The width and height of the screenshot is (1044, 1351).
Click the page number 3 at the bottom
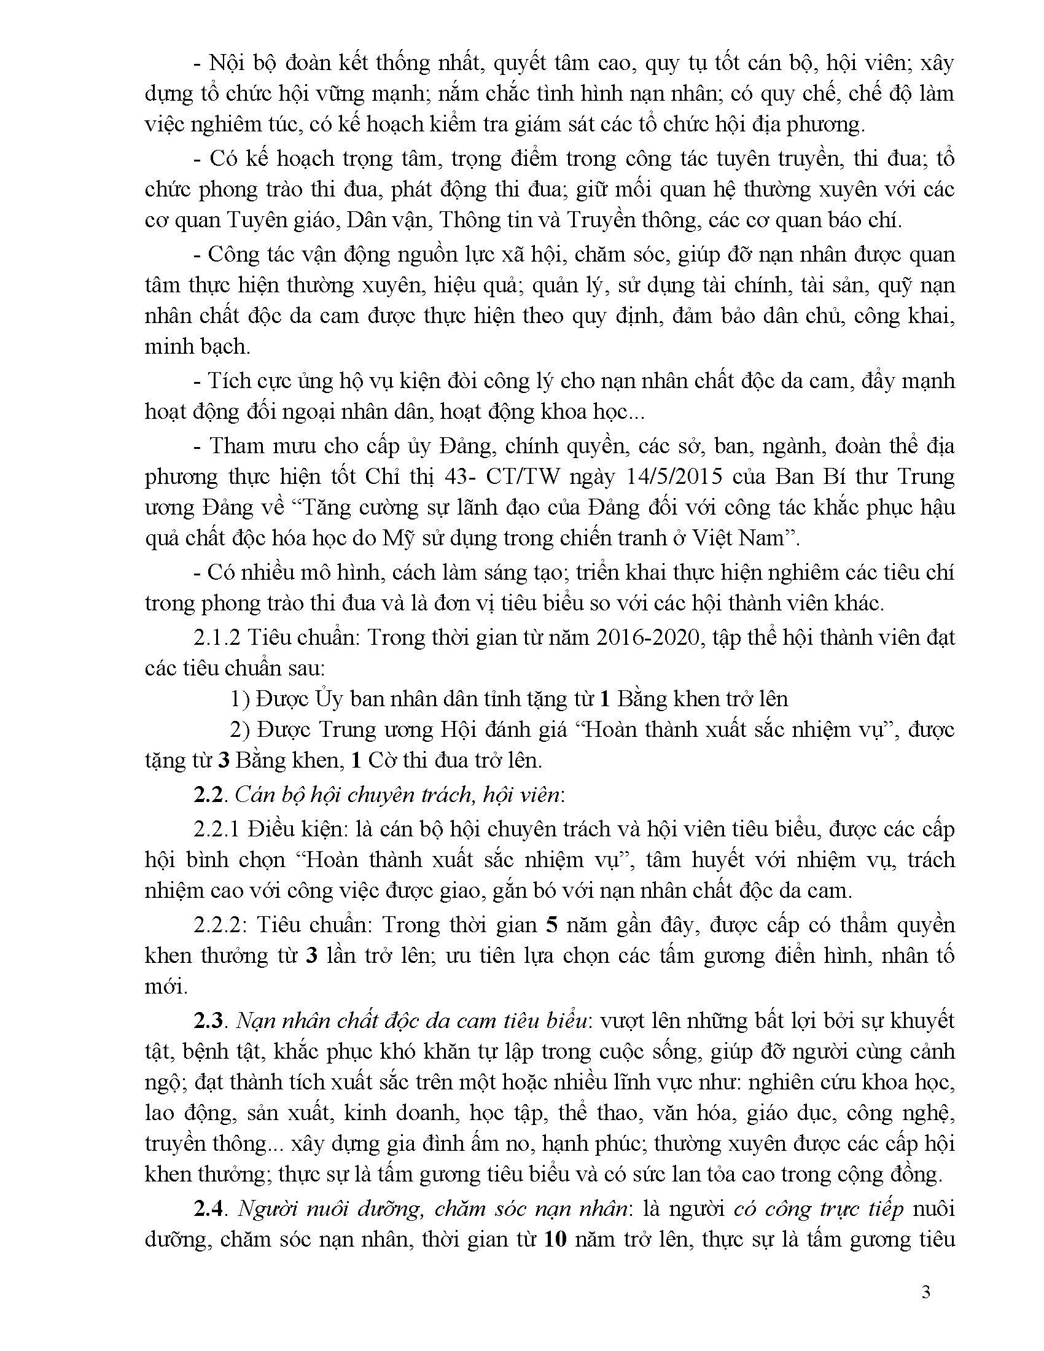tap(926, 1292)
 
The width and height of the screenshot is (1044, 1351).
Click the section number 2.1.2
tap(216, 638)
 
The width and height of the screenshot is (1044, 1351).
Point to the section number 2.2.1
tap(216, 829)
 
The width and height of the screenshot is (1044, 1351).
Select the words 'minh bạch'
tap(197, 347)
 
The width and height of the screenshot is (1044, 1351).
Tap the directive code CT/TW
tap(524, 477)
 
